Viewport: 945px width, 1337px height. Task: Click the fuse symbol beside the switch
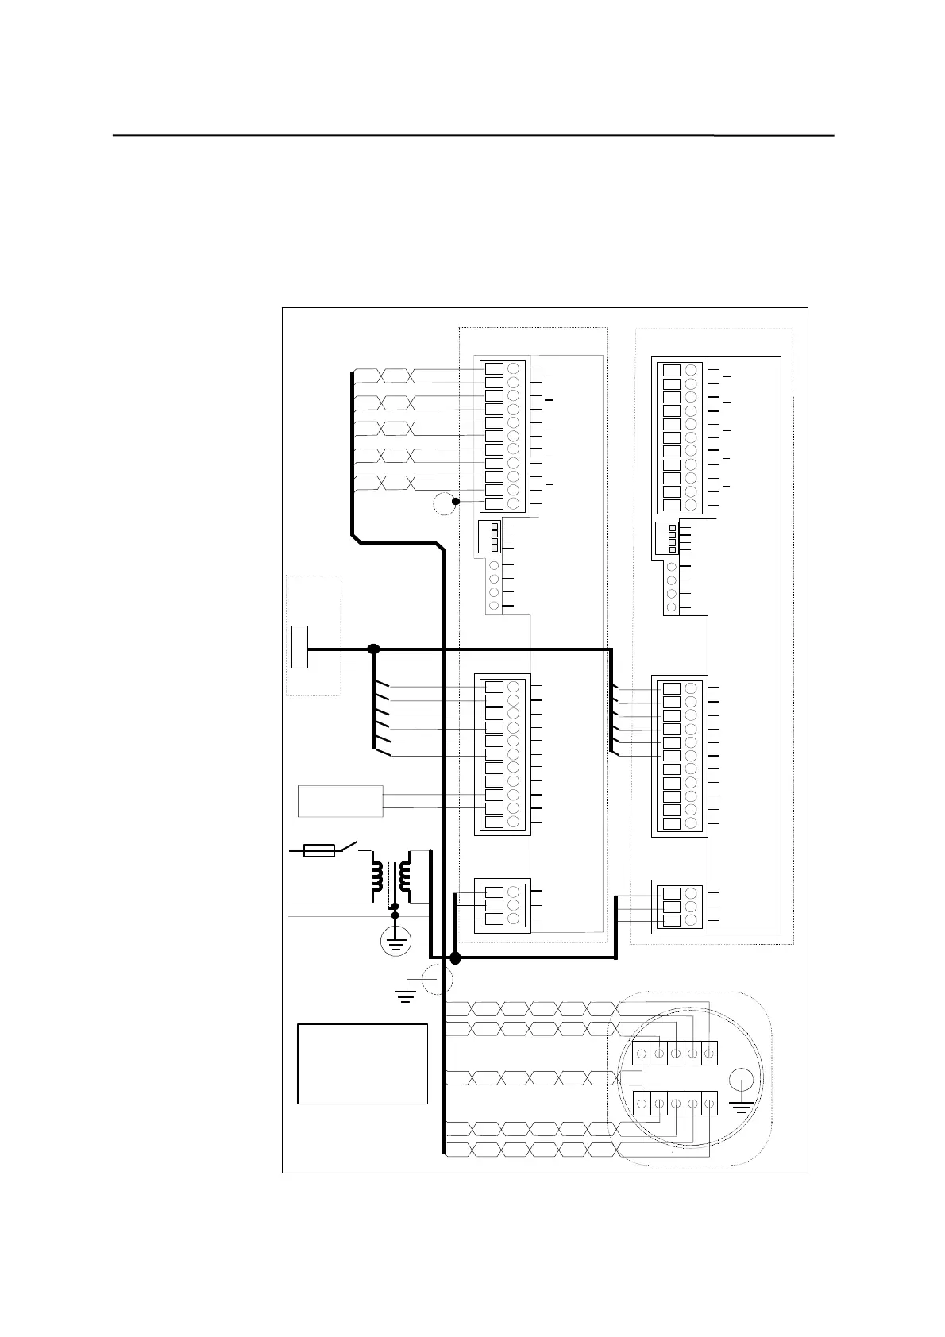(319, 852)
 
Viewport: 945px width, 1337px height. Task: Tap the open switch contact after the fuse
(348, 847)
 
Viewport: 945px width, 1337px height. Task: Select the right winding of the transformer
(405, 877)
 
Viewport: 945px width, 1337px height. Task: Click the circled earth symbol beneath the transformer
(395, 943)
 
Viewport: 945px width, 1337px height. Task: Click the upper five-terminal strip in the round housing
(675, 1053)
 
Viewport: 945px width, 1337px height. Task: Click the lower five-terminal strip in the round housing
(675, 1104)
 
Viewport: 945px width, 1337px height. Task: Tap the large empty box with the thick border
(362, 1064)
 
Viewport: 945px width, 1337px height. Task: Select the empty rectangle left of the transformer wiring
(340, 801)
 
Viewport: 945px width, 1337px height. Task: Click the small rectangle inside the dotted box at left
(299, 647)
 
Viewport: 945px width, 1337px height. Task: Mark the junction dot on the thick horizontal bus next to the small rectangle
(374, 649)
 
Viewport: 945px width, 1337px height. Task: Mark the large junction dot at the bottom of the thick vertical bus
(455, 958)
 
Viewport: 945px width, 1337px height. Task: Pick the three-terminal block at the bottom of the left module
(502, 905)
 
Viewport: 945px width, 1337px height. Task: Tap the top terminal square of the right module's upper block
(671, 370)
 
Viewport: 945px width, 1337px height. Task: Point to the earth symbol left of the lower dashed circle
(406, 994)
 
